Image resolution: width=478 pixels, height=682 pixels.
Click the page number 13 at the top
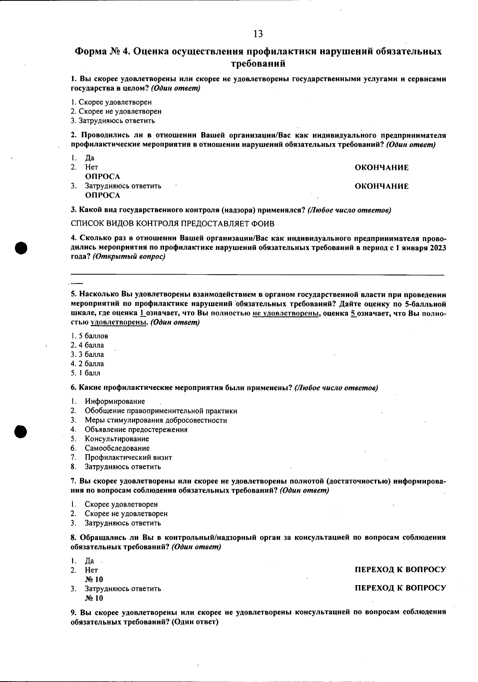[258, 34]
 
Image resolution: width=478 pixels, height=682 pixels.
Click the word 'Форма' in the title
[90, 52]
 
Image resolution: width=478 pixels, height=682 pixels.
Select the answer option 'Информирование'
[115, 401]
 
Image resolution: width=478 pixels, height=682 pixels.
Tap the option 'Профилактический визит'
[128, 457]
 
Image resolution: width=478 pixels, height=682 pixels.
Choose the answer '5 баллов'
[94, 336]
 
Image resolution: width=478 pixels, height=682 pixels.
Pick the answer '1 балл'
[90, 373]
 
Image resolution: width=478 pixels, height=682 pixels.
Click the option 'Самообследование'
[117, 448]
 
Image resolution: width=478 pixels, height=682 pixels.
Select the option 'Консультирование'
[117, 439]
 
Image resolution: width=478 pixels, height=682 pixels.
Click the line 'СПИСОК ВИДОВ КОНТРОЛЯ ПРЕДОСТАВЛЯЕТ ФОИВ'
[172, 224]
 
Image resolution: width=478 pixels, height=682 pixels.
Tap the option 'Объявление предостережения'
[136, 430]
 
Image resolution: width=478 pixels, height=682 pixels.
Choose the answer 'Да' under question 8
[89, 561]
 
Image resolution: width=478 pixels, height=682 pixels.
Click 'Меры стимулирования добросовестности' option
[156, 420]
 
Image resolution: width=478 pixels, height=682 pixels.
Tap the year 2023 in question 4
[437, 248]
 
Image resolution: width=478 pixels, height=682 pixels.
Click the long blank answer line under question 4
[257, 275]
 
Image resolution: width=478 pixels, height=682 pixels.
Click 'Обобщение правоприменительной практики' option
[161, 411]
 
